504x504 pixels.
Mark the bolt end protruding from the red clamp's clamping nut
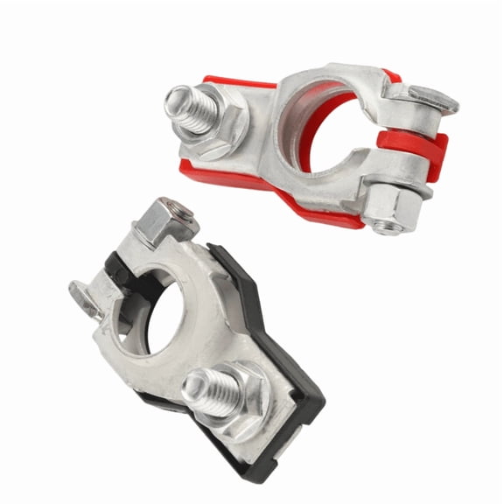coord(386,227)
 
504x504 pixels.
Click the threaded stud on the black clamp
coord(214,392)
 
